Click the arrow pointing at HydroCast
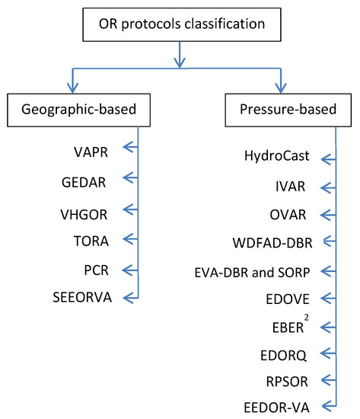[329, 159]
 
